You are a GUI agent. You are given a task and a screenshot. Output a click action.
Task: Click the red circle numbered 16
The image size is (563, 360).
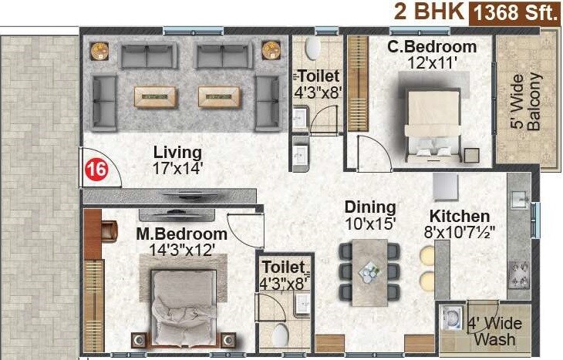coord(96,170)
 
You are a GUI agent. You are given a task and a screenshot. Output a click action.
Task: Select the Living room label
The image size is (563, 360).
coord(177,152)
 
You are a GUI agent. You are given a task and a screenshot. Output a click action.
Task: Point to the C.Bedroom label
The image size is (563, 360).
coord(432,47)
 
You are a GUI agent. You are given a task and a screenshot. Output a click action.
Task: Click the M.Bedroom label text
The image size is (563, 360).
coord(182,234)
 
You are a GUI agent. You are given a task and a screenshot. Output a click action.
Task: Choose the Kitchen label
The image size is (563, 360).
coord(460,216)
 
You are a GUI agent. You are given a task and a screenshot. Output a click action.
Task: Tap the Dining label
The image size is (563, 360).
coord(370,207)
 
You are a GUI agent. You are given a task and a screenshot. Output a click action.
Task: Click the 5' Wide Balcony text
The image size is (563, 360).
coord(528,99)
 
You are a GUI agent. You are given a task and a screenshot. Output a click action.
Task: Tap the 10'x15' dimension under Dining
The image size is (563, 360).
coord(370,224)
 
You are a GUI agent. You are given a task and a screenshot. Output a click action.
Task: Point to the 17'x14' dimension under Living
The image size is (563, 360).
coord(177,167)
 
